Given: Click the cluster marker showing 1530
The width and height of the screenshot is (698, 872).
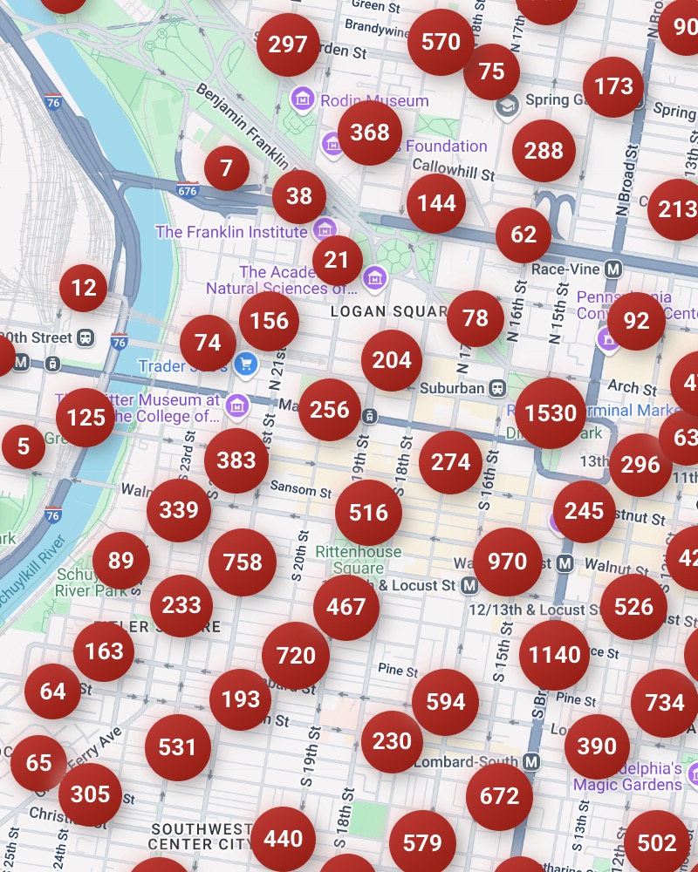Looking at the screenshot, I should [x=551, y=413].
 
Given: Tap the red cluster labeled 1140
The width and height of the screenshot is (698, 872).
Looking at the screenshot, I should [x=555, y=655].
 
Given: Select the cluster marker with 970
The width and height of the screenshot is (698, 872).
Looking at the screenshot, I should [x=507, y=562].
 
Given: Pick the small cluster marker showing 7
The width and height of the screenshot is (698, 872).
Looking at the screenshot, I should [x=227, y=167].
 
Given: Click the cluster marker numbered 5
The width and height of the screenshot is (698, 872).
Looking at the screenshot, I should [x=24, y=447].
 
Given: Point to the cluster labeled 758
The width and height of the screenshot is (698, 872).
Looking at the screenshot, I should [x=243, y=562].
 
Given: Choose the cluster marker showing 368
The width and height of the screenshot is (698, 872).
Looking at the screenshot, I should [x=370, y=133].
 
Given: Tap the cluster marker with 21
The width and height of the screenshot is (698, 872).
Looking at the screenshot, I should [x=337, y=260].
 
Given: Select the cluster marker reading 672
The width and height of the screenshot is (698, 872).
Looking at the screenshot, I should [x=499, y=796].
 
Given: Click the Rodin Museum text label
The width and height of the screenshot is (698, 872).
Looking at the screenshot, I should [x=374, y=100].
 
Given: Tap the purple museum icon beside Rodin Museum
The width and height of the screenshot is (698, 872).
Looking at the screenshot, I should [x=303, y=99].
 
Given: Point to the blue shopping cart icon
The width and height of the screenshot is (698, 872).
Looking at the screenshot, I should [x=246, y=364].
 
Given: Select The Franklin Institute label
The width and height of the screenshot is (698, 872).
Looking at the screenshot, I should [x=231, y=232].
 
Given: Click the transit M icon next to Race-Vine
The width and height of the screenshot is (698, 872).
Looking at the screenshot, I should [x=613, y=269].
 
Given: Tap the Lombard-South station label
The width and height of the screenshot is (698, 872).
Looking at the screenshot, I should [x=467, y=762].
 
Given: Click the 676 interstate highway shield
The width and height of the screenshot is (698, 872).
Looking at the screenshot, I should [x=188, y=189].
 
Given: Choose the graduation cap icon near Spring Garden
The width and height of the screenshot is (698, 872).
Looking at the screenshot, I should [x=506, y=106].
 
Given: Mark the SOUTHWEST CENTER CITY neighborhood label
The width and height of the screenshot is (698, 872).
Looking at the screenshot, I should [x=201, y=836].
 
